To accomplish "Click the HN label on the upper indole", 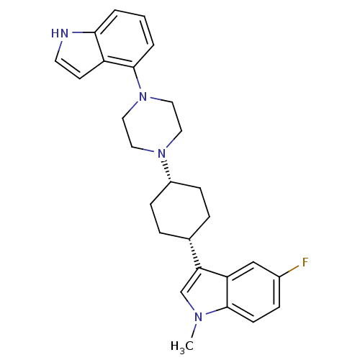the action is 60,33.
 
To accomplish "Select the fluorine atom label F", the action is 305,262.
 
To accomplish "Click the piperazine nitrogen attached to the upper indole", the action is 143,96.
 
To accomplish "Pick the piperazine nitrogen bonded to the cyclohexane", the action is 161,153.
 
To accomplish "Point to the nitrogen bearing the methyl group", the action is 198,318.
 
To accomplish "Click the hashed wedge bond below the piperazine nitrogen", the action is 167,171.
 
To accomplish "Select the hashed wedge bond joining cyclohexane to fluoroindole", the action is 194,253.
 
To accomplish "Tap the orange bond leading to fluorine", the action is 289,271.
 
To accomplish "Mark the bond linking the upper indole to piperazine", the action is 137,78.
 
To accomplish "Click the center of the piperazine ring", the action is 152,125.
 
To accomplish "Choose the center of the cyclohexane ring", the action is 180,210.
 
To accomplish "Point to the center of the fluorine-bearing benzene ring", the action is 253,292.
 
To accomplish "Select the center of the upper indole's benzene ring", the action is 124,39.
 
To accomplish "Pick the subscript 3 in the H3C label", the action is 183,351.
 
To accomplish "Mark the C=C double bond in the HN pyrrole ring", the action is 68,69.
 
